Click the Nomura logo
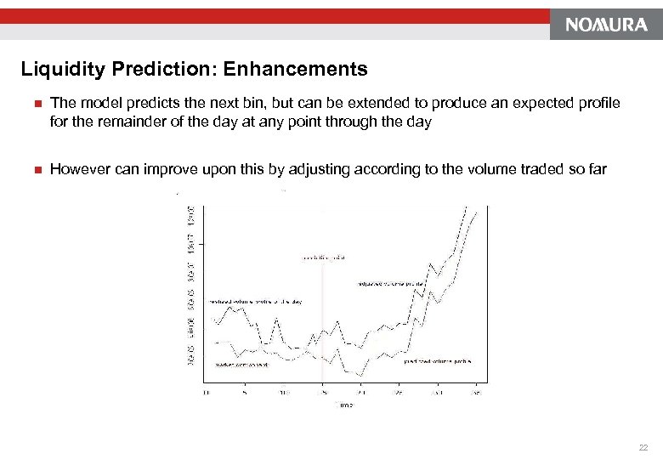coord(605,25)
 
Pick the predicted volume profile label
coord(437,360)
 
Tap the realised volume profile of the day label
coord(256,301)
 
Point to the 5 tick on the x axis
coord(244,394)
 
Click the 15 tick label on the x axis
coord(322,394)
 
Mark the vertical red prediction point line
coord(322,323)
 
